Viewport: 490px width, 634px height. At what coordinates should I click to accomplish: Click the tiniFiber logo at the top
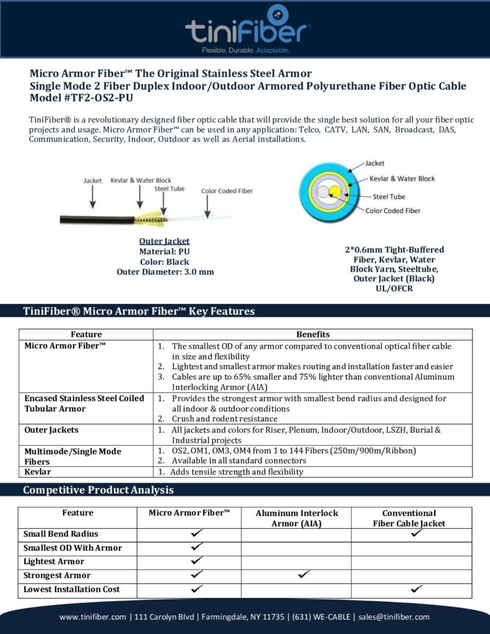pos(247,28)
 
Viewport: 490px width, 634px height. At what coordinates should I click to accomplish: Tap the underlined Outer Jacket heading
pos(164,241)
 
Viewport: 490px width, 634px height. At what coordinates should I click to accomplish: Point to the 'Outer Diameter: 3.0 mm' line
pos(164,271)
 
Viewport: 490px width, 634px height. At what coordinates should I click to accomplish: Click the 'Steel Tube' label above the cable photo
pos(169,188)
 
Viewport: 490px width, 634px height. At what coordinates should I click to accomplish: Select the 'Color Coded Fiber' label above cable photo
pos(227,191)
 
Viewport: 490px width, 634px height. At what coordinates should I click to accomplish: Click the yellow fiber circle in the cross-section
pos(335,190)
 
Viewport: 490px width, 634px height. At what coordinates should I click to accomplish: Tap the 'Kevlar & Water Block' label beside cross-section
pos(402,179)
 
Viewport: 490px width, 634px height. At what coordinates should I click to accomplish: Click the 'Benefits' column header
pos(313,334)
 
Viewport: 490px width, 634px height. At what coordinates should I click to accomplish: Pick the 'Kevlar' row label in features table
pos(38,472)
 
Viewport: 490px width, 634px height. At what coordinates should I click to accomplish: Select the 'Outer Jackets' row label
pos(51,430)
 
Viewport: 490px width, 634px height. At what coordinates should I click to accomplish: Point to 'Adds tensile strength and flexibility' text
pos(237,472)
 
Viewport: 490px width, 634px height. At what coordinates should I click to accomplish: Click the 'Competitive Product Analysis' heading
pos(98,490)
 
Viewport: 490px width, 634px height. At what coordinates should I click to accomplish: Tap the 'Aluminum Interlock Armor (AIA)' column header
pos(297,518)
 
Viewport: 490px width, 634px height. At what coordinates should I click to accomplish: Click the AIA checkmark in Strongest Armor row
pos(303,575)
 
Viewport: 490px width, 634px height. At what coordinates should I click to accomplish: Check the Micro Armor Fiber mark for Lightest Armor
pos(196,561)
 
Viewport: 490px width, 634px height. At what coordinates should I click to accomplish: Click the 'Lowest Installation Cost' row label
pos(71,589)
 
